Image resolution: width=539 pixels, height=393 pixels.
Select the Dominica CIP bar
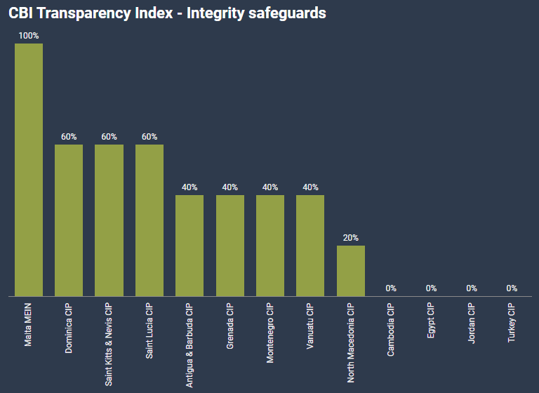click(69, 220)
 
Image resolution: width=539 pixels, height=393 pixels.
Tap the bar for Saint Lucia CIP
click(149, 220)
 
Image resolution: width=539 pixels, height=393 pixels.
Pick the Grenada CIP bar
click(230, 246)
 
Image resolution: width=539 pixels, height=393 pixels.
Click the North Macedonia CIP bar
click(351, 271)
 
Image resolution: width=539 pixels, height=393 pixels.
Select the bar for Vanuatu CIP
click(310, 246)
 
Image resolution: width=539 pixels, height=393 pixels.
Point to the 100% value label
click(29, 36)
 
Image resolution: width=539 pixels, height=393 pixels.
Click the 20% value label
click(351, 238)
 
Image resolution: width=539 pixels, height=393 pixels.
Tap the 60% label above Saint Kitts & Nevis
click(109, 137)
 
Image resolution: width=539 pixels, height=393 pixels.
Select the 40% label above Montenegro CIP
click(270, 187)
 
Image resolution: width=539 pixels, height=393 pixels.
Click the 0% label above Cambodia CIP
click(391, 288)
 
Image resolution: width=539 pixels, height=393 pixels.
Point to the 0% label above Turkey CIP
click(512, 288)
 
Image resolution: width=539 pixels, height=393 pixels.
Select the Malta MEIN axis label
click(29, 325)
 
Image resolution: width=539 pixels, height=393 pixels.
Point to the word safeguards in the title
click(288, 13)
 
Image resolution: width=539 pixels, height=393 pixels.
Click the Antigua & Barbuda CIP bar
click(189, 246)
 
